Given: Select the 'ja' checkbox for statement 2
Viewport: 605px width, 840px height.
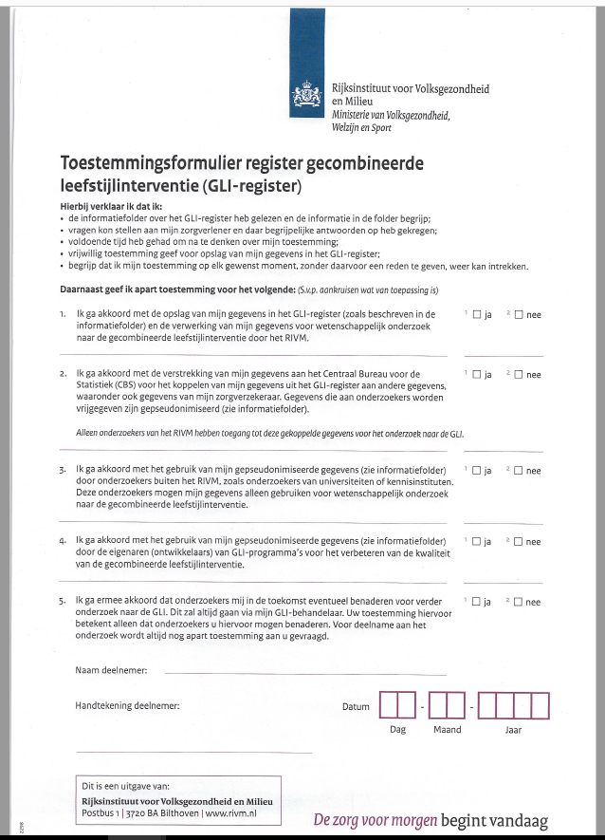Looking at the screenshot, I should [476, 375].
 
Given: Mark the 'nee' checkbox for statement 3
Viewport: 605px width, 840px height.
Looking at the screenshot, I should [519, 471].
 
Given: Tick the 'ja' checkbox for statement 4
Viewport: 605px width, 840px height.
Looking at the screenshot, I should [476, 542].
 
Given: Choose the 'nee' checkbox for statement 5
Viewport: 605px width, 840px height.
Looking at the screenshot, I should [519, 602].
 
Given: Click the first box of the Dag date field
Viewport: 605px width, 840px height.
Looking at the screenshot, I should [389, 706].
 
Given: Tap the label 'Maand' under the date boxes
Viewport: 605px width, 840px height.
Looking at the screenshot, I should [447, 730].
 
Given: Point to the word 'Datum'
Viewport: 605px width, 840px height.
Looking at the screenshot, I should [356, 706].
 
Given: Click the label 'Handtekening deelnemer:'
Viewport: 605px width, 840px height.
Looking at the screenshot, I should [127, 705].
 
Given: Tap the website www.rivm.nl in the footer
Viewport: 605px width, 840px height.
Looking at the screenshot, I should [231, 812].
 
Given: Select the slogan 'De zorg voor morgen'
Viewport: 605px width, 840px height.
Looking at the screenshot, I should [370, 821].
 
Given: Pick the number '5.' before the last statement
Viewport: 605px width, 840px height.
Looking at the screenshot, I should [63, 601].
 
